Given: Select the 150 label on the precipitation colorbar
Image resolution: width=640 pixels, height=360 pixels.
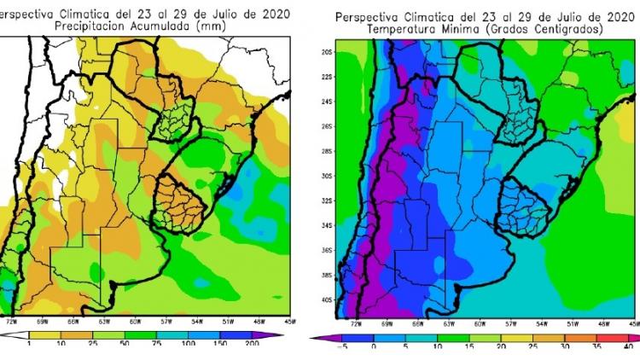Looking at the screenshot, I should click(220, 342).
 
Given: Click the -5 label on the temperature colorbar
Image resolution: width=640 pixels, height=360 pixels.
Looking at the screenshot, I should click(341, 347).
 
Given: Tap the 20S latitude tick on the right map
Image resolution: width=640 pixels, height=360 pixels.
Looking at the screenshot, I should click(326, 52).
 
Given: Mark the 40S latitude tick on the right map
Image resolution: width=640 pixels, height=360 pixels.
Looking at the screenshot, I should click(326, 300).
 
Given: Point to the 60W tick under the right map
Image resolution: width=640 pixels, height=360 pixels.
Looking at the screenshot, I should click(480, 324).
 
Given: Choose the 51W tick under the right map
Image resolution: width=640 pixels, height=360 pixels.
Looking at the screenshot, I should click(573, 324).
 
